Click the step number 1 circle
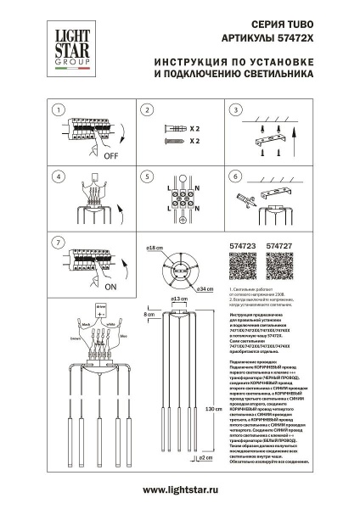pyautogui.click(x=57, y=110)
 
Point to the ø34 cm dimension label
pyautogui.click(x=205, y=290)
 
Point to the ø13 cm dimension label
pyautogui.click(x=179, y=299)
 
